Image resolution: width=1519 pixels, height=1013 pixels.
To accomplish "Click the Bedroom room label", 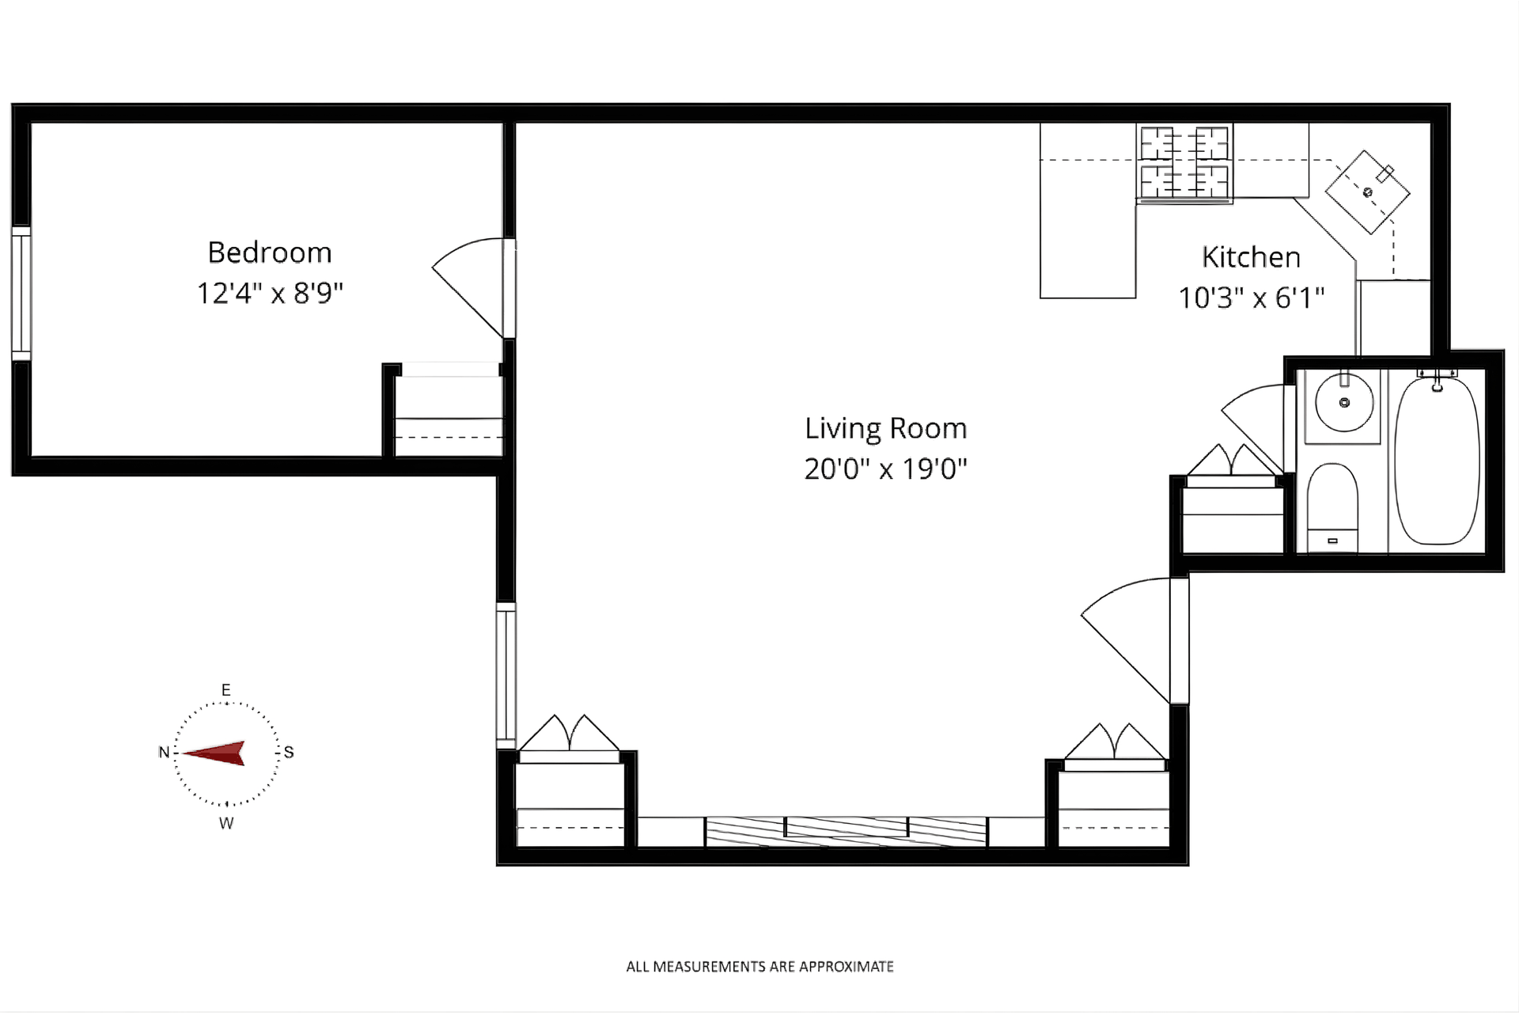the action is coord(270,252).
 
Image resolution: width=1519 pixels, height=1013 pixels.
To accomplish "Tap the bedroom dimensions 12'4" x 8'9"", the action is coord(270,293).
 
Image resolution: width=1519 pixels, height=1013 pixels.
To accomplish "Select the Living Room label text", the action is coord(886,428).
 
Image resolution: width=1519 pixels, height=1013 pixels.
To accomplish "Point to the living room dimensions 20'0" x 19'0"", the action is coord(886,469).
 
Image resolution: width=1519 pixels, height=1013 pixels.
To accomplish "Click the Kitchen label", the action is coord(1251,257).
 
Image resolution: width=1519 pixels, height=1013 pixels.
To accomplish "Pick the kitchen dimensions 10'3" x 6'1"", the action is coord(1251,298).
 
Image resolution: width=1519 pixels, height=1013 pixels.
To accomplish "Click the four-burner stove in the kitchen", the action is coord(1184,163).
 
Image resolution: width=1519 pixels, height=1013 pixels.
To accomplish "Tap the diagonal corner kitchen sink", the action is coord(1368,192).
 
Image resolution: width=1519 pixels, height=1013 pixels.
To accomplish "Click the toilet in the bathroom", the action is coord(1332,507).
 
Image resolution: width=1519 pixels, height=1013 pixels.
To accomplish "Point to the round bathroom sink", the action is coord(1343,403).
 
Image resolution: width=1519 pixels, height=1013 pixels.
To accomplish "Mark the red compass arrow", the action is coord(214,753).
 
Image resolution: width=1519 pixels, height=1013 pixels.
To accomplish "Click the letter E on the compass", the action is coord(226,690).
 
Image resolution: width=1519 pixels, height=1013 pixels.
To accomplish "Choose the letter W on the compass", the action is coord(226,824).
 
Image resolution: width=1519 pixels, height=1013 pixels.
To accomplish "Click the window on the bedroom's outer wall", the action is coord(21,294).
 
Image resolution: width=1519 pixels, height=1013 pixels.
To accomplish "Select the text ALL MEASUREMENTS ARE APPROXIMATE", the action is coord(759,966).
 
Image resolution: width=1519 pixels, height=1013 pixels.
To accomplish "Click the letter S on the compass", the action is coord(289,753).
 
